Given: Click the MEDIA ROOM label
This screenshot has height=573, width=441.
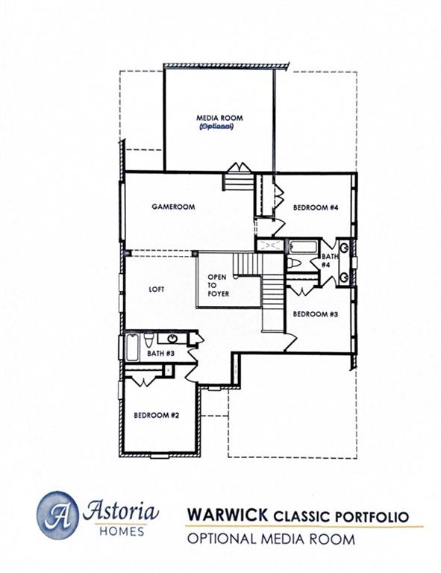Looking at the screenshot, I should click(x=219, y=118).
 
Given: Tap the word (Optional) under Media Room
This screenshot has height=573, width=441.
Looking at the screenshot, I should click(x=217, y=127).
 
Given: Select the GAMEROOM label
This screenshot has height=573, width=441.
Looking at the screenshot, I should click(x=173, y=207).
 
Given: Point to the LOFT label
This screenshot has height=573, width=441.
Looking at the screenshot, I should click(x=157, y=289).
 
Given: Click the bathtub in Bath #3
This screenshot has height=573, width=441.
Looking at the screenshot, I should click(x=131, y=348).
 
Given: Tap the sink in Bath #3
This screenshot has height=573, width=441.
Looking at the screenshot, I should click(x=172, y=339).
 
